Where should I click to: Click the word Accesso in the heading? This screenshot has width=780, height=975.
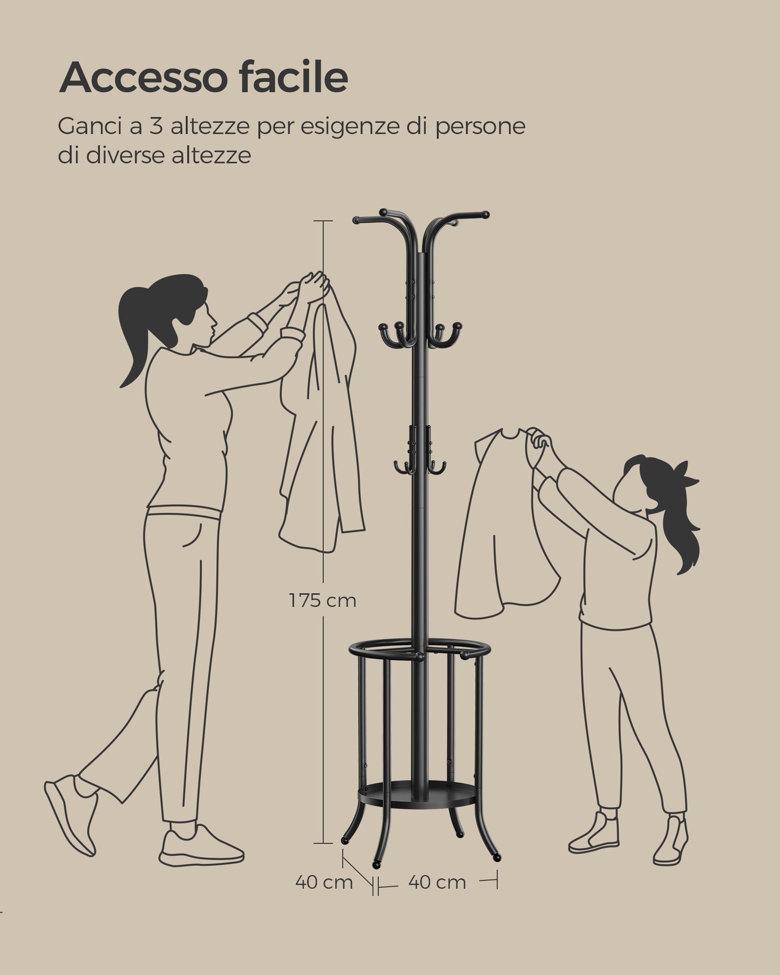click(x=143, y=78)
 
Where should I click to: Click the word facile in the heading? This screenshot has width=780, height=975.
click(x=294, y=77)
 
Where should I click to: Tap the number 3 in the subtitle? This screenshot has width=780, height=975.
click(x=156, y=126)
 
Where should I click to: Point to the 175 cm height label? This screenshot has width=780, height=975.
click(x=322, y=600)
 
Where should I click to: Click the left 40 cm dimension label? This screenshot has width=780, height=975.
click(x=324, y=882)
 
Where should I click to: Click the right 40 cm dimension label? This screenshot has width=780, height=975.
click(x=437, y=882)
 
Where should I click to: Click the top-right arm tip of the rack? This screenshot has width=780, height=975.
click(x=485, y=214)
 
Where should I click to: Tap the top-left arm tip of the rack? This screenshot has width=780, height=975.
click(x=356, y=220)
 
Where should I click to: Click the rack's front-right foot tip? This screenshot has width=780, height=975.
click(x=497, y=857)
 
